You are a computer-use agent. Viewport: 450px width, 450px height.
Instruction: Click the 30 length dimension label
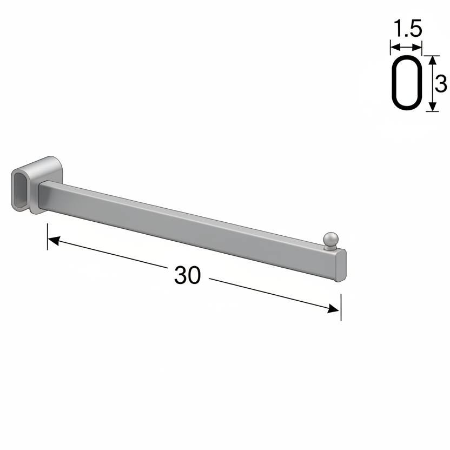click(x=188, y=276)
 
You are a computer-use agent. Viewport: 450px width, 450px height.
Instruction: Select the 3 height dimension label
click(x=441, y=84)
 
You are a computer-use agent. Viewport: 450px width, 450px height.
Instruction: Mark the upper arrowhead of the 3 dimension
click(x=432, y=59)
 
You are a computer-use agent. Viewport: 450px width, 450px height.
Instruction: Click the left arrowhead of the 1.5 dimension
click(x=394, y=47)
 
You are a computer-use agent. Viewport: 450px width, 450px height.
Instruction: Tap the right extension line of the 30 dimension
click(x=341, y=306)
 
